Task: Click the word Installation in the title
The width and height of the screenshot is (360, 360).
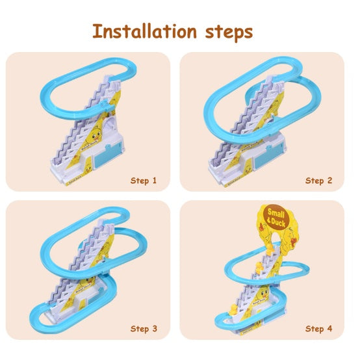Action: (x=145, y=31)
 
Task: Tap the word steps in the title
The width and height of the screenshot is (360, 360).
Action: (x=229, y=32)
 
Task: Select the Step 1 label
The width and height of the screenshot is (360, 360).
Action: (x=144, y=181)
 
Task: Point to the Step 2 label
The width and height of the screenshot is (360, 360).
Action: (x=318, y=181)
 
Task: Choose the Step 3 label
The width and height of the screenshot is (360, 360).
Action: (x=144, y=329)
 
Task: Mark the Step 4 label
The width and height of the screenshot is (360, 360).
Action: (x=318, y=329)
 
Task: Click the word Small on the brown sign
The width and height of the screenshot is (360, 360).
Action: (x=276, y=213)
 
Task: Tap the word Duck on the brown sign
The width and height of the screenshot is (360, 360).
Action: (x=278, y=222)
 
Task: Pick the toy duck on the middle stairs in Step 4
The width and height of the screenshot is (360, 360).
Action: (x=259, y=268)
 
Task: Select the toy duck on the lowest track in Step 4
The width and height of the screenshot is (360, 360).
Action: (x=233, y=309)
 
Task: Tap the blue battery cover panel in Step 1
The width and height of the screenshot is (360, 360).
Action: (x=108, y=154)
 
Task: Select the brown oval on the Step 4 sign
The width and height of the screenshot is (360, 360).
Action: (x=276, y=217)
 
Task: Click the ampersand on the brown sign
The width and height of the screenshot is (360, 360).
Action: (x=269, y=220)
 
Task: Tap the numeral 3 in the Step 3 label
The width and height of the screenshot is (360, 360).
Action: (x=155, y=328)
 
